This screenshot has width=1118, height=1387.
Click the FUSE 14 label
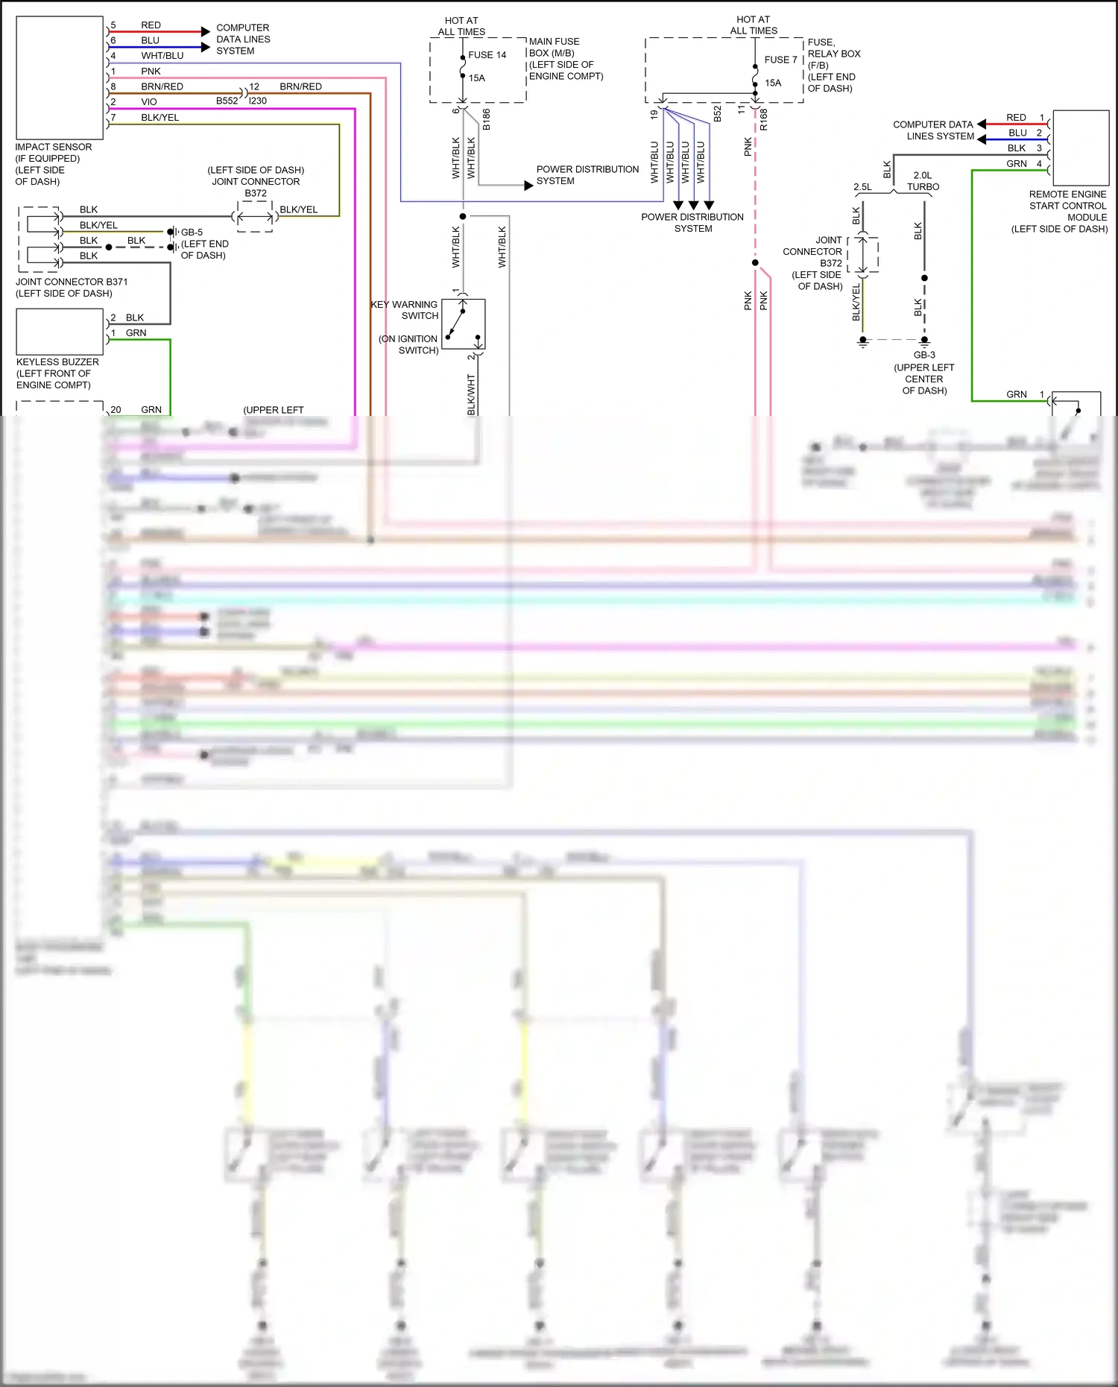[487, 55]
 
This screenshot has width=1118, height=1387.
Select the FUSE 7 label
[780, 60]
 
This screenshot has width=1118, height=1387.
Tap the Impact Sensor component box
[60, 78]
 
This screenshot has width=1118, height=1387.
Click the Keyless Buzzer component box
[60, 332]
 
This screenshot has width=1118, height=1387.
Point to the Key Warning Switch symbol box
[463, 324]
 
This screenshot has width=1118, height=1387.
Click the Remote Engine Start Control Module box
[1080, 148]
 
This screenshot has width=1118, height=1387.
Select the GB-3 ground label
[924, 356]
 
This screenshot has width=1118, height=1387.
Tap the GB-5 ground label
[192, 233]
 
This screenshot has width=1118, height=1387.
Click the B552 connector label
[227, 101]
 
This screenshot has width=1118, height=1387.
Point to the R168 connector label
[764, 119]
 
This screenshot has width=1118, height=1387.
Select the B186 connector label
[486, 119]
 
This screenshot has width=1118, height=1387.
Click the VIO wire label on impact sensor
[149, 102]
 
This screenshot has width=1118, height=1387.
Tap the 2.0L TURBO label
[923, 181]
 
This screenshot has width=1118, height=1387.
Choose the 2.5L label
[862, 187]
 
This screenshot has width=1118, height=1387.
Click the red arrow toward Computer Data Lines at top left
[205, 31]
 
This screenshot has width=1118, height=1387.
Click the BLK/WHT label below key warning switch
[471, 395]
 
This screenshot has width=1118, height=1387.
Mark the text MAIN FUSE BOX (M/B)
[554, 47]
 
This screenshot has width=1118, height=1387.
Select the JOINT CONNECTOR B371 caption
[72, 282]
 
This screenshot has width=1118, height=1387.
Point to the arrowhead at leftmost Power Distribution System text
[528, 186]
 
